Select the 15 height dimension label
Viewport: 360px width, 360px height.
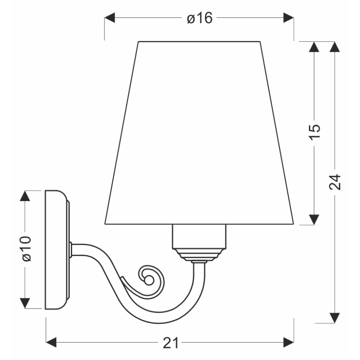click(x=315, y=133)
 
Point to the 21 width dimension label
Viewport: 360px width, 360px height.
click(x=170, y=343)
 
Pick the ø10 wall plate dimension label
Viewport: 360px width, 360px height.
click(x=26, y=249)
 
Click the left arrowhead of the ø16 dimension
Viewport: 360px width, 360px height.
click(x=109, y=18)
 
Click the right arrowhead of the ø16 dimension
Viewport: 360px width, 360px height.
click(x=289, y=18)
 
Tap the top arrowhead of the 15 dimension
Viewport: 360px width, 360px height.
click(x=315, y=47)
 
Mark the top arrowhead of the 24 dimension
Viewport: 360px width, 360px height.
click(x=335, y=47)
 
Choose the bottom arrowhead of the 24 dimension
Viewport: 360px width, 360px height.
click(x=335, y=318)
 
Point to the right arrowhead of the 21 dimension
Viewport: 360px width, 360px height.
click(x=289, y=343)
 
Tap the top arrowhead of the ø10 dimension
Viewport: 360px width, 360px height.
click(x=26, y=196)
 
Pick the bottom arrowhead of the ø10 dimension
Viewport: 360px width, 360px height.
click(x=26, y=303)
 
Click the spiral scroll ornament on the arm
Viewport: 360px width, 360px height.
click(x=148, y=279)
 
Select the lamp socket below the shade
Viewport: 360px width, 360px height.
click(x=200, y=236)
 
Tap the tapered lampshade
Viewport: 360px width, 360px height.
click(x=199, y=133)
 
